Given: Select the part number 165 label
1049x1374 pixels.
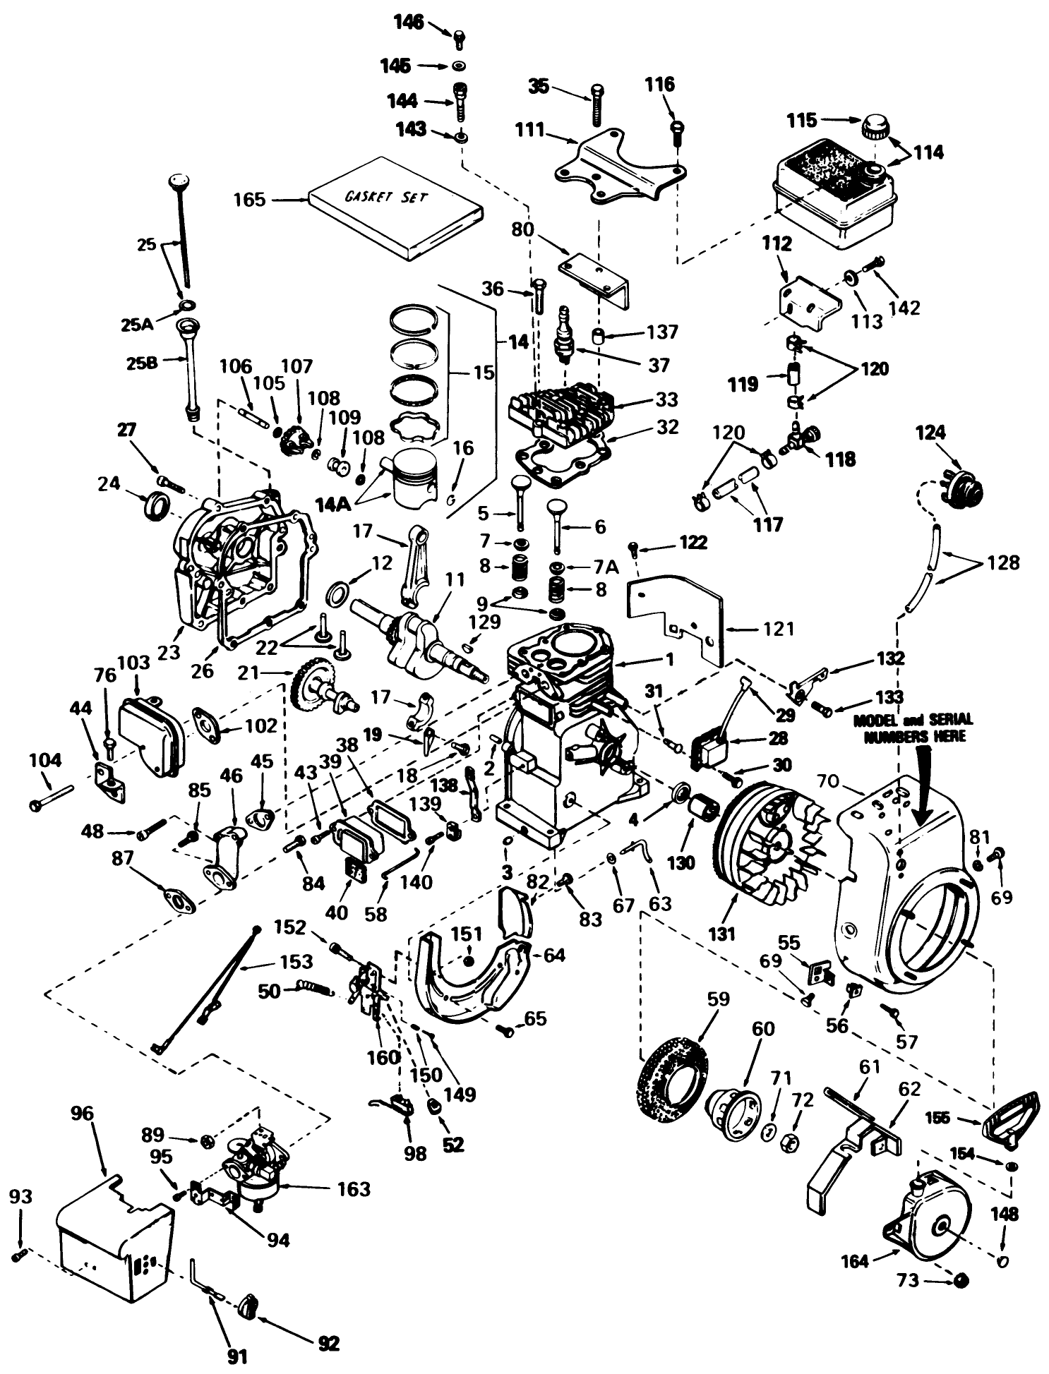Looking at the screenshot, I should point(249,200).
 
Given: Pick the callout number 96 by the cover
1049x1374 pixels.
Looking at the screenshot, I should point(82,1114).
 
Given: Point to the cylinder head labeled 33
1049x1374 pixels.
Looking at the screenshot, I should point(561,413).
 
